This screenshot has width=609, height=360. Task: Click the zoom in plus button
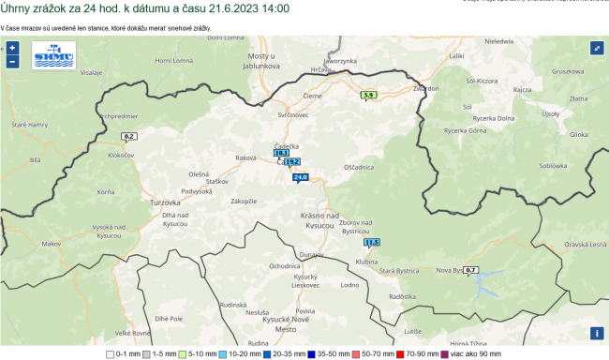click(12, 47)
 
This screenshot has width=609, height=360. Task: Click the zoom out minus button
click(12, 61)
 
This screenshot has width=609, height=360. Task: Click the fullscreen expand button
click(597, 48)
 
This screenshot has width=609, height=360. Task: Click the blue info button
click(597, 333)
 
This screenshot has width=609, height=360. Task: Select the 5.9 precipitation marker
click(368, 95)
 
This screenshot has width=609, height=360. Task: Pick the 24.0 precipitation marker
click(300, 176)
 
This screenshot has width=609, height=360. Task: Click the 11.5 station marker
click(371, 242)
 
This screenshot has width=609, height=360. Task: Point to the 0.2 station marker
click(128, 136)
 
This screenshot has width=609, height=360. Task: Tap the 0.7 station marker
click(471, 270)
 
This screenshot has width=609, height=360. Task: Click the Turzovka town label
click(165, 202)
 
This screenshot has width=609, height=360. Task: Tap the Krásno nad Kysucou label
click(319, 221)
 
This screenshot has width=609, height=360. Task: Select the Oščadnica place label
click(359, 167)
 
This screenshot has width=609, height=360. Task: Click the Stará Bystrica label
click(398, 270)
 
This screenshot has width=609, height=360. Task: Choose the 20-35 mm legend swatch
click(267, 354)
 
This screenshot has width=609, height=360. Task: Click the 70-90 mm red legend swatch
click(398, 354)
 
